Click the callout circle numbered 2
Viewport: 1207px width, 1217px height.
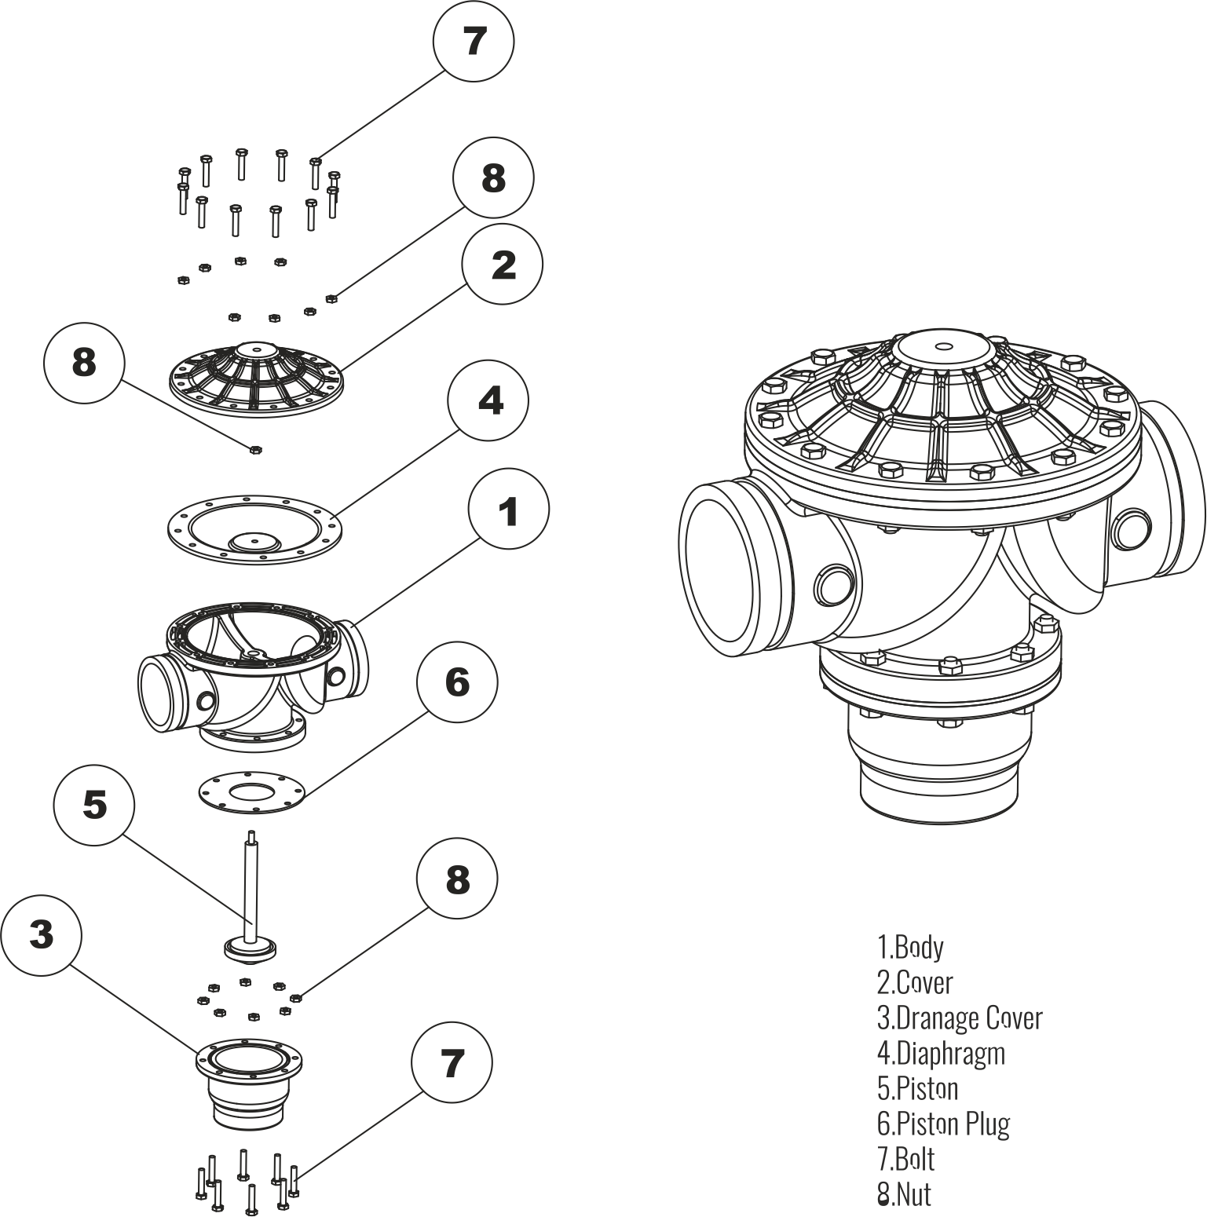click(503, 265)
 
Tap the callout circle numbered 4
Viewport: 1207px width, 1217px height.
click(488, 400)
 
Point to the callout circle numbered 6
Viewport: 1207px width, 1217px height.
click(457, 682)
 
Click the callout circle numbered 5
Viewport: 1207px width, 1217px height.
click(94, 805)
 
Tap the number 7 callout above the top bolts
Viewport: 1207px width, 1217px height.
click(474, 41)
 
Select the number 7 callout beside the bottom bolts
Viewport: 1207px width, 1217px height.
click(452, 1065)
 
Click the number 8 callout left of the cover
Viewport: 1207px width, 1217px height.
click(84, 364)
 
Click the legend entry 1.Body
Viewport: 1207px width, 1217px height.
click(910, 947)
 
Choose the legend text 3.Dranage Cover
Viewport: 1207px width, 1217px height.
click(960, 1018)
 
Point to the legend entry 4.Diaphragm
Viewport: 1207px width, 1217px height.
click(941, 1054)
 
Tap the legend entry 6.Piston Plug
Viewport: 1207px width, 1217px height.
click(943, 1124)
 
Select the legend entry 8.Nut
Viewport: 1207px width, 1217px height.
click(904, 1194)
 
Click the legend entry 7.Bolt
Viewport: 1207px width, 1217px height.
click(905, 1159)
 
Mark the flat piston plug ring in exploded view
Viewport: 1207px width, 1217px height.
click(250, 792)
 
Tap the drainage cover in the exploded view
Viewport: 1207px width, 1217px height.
click(249, 1085)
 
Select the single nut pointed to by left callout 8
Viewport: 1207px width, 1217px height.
click(254, 449)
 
